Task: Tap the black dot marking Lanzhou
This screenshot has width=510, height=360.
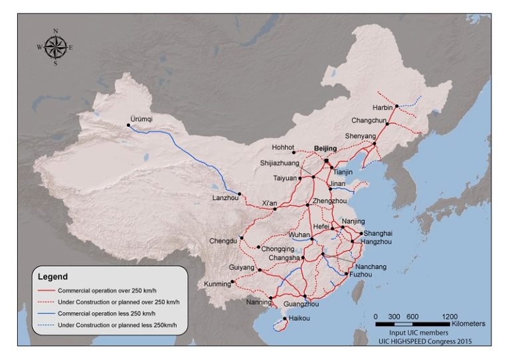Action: click(240, 195)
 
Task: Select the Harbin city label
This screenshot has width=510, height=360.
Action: click(382, 107)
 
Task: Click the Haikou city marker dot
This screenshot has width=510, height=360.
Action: click(284, 319)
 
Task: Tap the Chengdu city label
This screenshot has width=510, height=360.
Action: click(222, 240)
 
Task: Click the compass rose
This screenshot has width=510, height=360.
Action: click(55, 46)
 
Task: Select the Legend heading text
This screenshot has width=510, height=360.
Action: click(52, 276)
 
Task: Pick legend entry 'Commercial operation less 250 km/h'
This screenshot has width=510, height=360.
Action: click(106, 312)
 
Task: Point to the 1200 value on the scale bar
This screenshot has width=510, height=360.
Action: click(450, 315)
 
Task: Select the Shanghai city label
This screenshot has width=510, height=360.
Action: click(378, 233)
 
